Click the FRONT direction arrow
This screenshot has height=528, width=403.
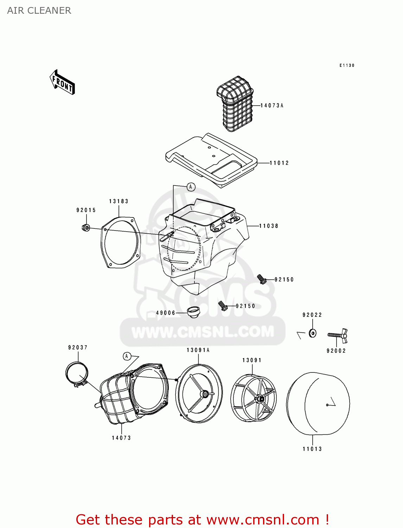62,82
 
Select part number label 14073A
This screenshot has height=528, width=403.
272,105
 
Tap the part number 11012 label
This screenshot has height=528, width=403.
279,163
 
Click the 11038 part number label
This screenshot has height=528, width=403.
269,226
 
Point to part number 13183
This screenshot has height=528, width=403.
119,201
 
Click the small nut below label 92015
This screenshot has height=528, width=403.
86,228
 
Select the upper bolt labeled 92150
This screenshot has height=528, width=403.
261,279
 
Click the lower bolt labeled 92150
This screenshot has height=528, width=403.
223,306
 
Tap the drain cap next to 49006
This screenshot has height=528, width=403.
193,312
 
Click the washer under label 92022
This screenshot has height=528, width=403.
312,333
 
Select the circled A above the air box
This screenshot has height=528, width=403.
191,187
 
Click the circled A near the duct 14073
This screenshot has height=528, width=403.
127,357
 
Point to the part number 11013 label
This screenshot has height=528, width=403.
312,449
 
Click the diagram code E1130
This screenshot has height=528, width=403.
347,65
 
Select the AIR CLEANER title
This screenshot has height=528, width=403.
39,11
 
